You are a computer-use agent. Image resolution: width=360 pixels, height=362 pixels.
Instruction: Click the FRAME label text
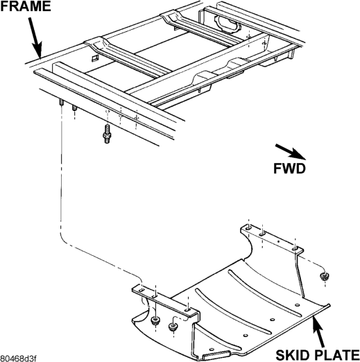(26, 6)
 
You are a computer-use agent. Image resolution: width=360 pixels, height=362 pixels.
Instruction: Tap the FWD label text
(289, 169)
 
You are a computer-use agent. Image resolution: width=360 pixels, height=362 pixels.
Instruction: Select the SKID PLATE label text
(318, 355)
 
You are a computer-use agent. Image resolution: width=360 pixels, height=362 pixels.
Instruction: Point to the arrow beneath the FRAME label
(35, 38)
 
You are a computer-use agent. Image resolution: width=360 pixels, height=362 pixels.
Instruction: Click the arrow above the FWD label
(291, 152)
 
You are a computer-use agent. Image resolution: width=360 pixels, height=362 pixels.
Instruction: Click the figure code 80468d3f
(18, 359)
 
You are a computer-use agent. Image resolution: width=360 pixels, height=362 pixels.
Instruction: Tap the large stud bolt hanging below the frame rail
(107, 134)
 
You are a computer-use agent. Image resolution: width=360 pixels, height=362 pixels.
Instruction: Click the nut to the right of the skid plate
(324, 276)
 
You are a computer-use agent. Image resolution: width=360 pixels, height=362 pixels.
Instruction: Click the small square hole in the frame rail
(95, 58)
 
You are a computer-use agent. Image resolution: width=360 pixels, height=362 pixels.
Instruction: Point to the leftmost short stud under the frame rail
(62, 103)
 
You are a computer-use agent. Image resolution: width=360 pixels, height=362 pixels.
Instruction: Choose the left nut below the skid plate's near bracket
(155, 320)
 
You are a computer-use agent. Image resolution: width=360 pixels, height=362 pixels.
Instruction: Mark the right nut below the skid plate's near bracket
(172, 327)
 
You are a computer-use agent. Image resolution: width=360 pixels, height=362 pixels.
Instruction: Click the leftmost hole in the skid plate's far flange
(248, 228)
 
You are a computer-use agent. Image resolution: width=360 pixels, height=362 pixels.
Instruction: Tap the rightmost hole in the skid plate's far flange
(295, 249)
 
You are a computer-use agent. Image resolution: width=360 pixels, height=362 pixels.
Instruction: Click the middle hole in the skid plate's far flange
(262, 234)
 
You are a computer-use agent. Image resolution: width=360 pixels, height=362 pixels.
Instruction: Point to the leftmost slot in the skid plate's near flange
(142, 290)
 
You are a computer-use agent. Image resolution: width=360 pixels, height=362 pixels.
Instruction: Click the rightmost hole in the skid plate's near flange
(188, 309)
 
